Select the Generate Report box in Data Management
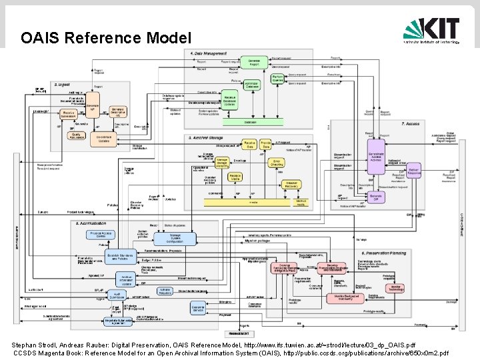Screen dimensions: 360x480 pyautogui.click(x=253, y=62)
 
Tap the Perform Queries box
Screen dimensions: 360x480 pyautogui.click(x=277, y=80)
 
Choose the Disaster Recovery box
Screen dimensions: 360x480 pyautogui.click(x=291, y=184)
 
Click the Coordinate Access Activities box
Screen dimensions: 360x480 pyautogui.click(x=375, y=157)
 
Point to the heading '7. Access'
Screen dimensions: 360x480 pyautogui.click(x=410, y=123)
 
